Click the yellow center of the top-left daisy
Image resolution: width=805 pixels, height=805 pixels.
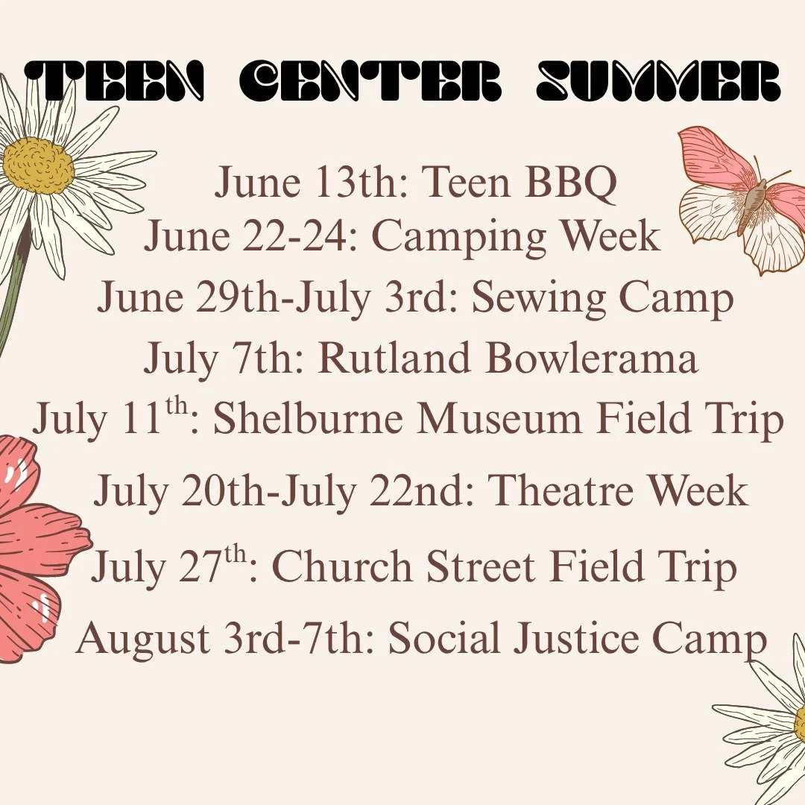[39, 165]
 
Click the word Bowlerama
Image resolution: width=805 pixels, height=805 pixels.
[593, 359]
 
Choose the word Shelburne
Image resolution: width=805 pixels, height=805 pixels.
[309, 420]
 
